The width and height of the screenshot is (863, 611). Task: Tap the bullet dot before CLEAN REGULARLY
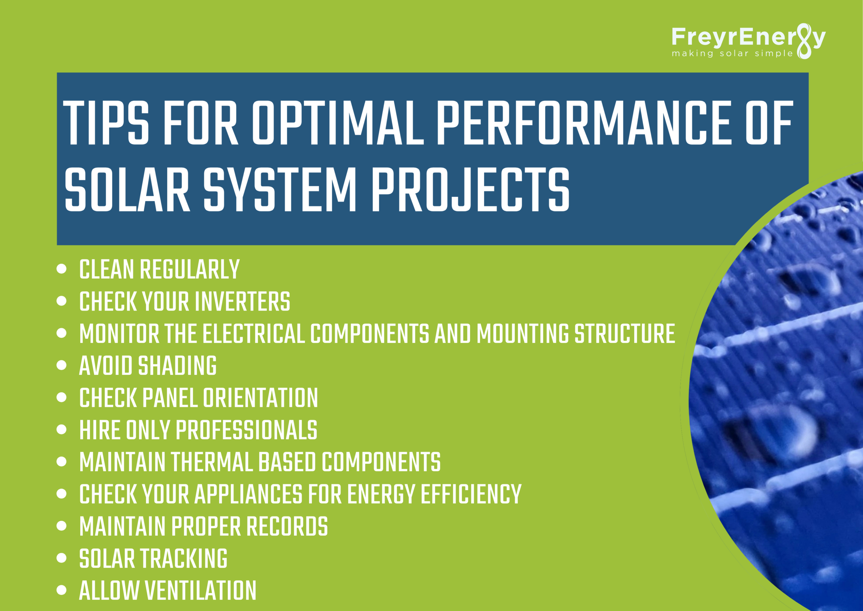[61, 269]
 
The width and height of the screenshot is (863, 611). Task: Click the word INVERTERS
[242, 301]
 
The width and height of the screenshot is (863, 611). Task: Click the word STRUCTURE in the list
[625, 333]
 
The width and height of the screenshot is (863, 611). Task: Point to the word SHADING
[177, 365]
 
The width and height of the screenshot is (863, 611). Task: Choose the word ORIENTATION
[261, 398]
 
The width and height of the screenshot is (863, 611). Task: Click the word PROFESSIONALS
[246, 430]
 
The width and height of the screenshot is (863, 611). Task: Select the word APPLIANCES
[248, 494]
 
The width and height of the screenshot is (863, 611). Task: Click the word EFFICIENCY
[471, 494]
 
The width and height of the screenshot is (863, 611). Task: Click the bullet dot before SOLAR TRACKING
[61, 558]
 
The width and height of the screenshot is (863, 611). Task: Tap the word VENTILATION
[201, 590]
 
